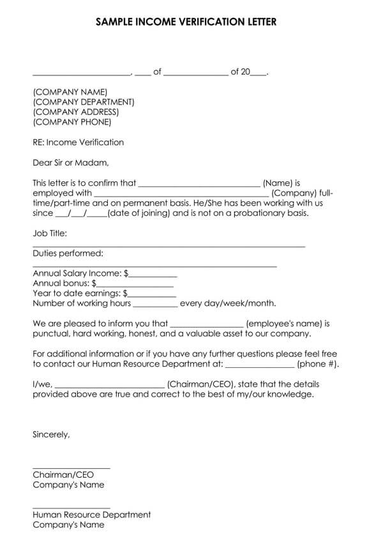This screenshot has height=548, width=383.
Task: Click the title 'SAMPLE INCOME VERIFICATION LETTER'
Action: (186, 22)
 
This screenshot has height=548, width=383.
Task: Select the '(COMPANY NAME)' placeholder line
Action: (70, 92)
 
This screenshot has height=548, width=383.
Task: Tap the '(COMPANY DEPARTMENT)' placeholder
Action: (83, 102)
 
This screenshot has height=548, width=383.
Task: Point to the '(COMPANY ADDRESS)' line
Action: (75, 112)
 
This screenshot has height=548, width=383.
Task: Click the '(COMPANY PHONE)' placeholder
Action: (71, 122)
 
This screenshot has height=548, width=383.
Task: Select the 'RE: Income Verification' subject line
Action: (78, 142)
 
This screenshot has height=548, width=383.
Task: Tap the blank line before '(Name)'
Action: (199, 185)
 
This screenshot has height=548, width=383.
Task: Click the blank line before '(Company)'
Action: (181, 195)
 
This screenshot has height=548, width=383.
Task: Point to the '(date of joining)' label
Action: (139, 213)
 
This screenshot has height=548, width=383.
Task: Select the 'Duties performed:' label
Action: (63, 254)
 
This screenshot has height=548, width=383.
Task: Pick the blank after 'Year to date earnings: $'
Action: (151, 295)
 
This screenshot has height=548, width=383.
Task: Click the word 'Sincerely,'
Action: (51, 434)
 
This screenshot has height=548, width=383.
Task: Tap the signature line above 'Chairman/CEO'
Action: (71, 468)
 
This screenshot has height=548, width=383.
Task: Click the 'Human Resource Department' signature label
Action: (91, 515)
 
